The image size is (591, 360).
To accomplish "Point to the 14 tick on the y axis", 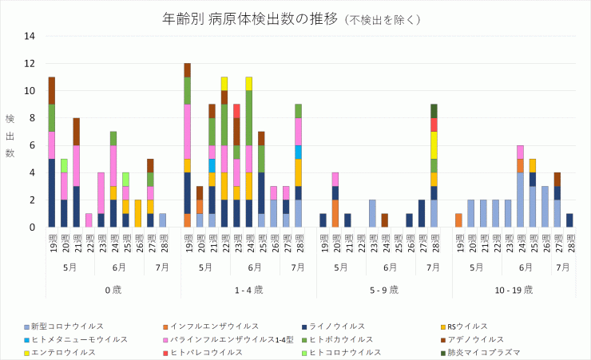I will [x=30, y=36].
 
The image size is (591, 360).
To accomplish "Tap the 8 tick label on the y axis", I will [x=30, y=118].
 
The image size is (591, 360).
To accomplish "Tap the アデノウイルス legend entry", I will [x=471, y=339].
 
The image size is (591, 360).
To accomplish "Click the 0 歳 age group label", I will [x=113, y=289].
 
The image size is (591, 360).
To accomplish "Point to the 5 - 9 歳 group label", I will [x=385, y=289].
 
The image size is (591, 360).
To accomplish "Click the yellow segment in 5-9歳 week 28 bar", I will [x=434, y=145].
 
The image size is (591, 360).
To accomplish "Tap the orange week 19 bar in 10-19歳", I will [x=458, y=220].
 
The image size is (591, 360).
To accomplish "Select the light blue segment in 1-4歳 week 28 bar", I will [x=298, y=152].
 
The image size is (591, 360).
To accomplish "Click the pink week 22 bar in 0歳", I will [x=89, y=220].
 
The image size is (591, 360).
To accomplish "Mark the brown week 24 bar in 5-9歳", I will [x=384, y=220].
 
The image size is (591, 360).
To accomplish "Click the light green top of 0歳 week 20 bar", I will [x=64, y=165].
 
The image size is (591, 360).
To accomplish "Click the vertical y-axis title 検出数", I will [x=10, y=135].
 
